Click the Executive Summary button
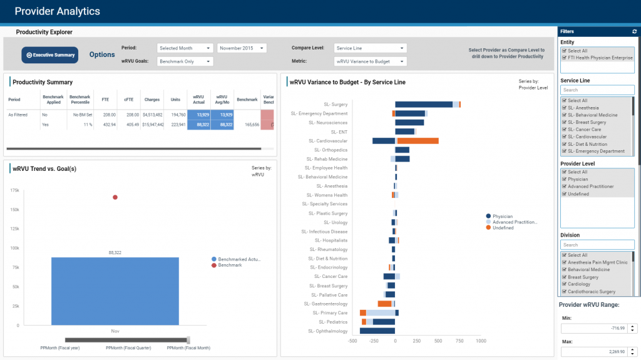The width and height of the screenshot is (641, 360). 49,55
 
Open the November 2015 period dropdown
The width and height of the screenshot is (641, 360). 242,48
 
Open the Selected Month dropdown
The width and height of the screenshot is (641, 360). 185,48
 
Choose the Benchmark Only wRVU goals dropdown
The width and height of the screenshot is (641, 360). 185,61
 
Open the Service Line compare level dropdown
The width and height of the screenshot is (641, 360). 371,48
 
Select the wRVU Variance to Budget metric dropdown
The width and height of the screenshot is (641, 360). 371,61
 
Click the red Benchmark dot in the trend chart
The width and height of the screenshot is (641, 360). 115,197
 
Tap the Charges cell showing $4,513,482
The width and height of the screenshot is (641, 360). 153,115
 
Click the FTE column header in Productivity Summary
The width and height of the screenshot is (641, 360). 106,100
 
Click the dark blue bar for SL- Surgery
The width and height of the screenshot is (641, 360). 423,105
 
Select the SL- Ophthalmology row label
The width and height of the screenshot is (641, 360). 327,331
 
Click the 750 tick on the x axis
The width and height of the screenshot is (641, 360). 459,341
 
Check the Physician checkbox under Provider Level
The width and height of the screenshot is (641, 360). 564,179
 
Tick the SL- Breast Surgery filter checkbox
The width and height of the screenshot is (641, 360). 564,122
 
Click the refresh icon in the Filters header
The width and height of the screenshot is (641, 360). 635,31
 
